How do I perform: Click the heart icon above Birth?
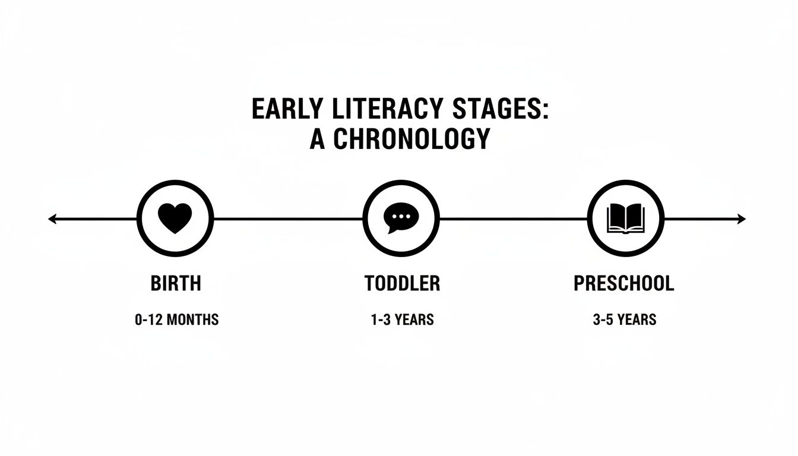[175, 218]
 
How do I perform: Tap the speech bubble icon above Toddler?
[400, 218]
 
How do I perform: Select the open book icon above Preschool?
[625, 218]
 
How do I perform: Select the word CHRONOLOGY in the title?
[412, 138]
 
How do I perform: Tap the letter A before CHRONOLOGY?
[318, 138]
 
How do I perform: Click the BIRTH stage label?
[176, 284]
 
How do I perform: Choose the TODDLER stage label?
[403, 284]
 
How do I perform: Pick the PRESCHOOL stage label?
[624, 284]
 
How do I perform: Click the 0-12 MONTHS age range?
[177, 320]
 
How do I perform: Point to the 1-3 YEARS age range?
[403, 320]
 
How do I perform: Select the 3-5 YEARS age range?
[625, 320]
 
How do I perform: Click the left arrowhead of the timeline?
[52, 219]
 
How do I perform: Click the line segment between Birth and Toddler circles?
[288, 219]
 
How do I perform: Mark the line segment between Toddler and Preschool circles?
[513, 219]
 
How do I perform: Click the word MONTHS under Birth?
[192, 320]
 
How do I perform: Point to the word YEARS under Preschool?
[636, 320]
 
